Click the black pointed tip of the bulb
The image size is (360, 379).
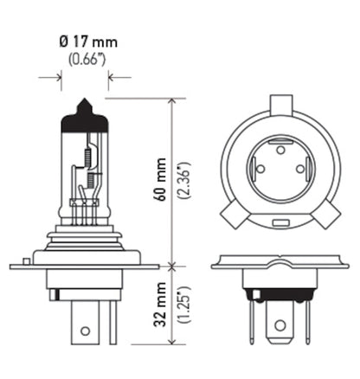(x=84, y=108)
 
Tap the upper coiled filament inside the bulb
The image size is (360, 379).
(x=87, y=158)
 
